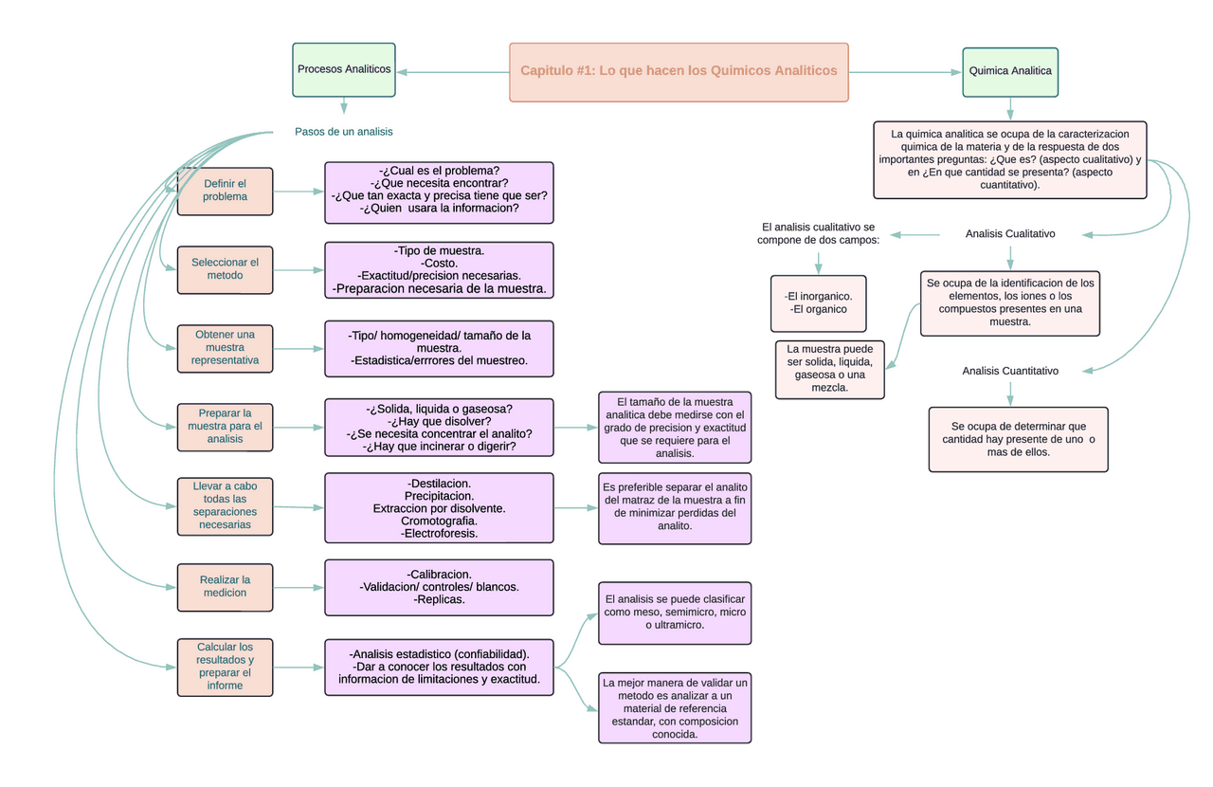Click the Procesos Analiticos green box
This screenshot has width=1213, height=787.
[343, 69]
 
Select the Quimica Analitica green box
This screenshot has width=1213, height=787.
[1010, 71]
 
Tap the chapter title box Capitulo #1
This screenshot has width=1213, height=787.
[679, 71]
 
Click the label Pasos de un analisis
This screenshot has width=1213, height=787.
[343, 132]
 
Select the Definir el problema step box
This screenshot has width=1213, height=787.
[225, 191]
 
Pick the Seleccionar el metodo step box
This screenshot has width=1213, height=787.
[225, 268]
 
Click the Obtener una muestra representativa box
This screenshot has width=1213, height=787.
[225, 348]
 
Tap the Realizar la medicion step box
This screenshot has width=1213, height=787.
[225, 587]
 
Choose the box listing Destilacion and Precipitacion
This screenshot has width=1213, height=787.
[439, 507]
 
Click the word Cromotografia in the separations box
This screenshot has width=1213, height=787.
[439, 521]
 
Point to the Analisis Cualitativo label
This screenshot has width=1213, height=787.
[1010, 233]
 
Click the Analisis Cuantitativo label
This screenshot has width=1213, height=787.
[1010, 371]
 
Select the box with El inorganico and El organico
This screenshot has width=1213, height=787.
[818, 302]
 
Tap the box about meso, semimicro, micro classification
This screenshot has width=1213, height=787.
[675, 613]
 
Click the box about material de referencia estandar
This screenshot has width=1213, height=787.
[675, 707]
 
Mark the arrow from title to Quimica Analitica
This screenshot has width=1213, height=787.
[905, 71]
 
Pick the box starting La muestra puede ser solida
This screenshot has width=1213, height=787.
[829, 368]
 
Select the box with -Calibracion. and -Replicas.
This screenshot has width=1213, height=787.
[439, 587]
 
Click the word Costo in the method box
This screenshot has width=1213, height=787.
[439, 263]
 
